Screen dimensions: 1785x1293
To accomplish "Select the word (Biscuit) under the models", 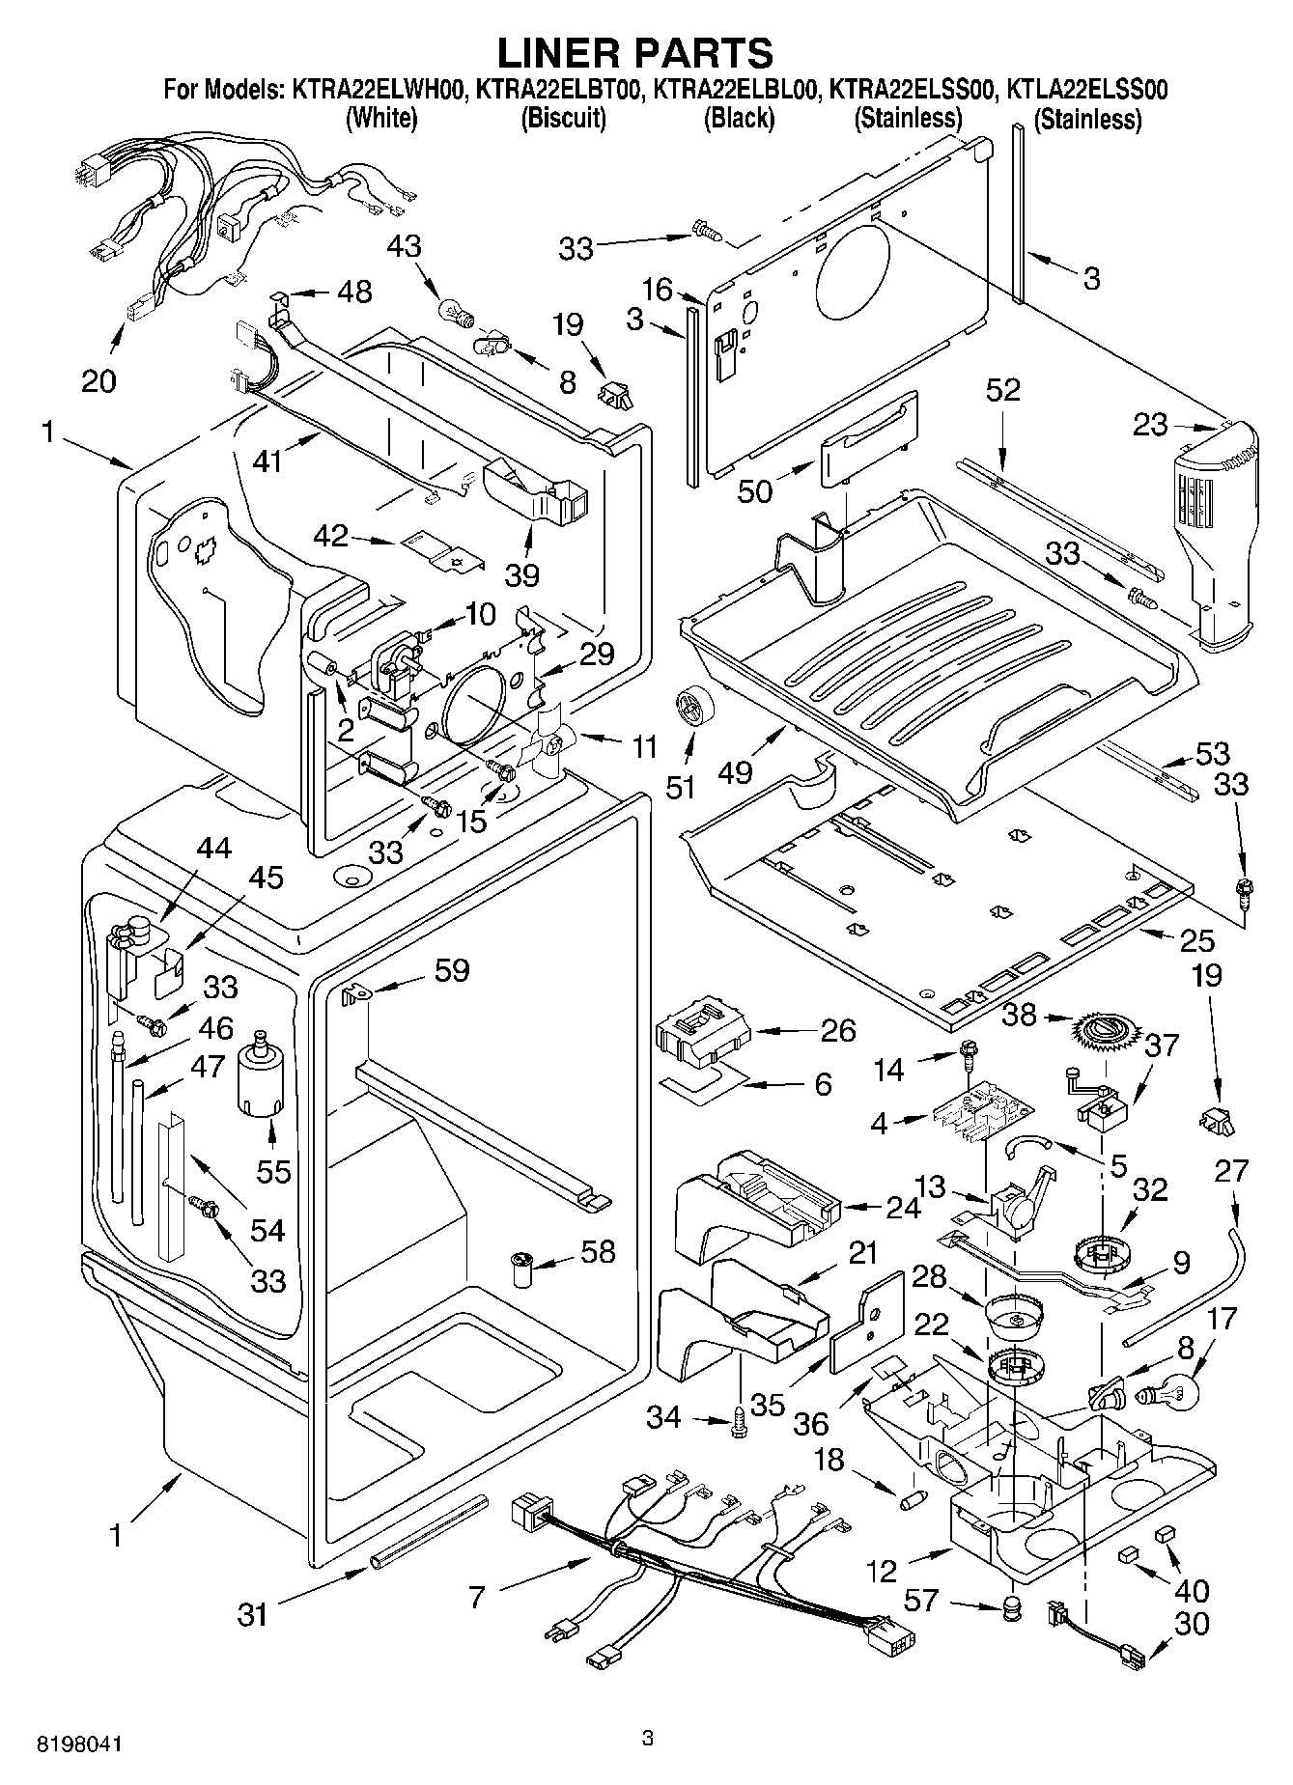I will [563, 119].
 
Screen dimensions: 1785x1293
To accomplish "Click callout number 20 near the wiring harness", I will [98, 380].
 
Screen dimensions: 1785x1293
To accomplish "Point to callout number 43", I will [405, 246].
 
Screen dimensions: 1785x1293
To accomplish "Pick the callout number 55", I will [274, 1171].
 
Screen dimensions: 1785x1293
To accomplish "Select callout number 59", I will [450, 969].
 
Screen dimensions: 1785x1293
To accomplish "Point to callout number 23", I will [1150, 424].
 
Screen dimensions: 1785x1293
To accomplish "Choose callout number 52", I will [1003, 390].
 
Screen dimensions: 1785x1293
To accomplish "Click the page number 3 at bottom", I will [648, 1739].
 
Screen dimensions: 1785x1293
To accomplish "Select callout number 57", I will [920, 1601].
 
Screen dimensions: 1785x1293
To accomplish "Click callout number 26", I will [837, 1031].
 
